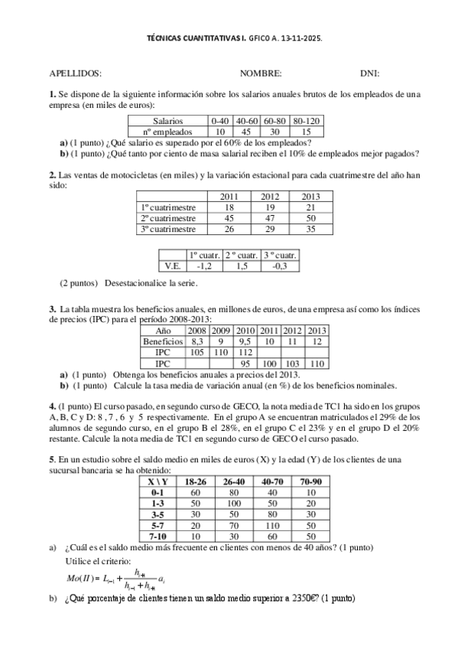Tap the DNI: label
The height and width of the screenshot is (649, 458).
[370, 73]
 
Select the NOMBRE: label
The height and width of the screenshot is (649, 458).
[261, 73]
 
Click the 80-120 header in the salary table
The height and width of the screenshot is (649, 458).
[307, 121]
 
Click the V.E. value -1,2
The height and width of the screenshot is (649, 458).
[203, 266]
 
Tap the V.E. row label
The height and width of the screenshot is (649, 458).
[172, 266]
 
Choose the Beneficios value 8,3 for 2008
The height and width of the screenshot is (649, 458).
[197, 341]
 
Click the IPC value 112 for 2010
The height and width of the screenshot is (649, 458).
[245, 352]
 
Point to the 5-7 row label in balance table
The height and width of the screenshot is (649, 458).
[158, 526]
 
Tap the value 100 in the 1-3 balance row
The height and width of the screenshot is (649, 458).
[234, 504]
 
